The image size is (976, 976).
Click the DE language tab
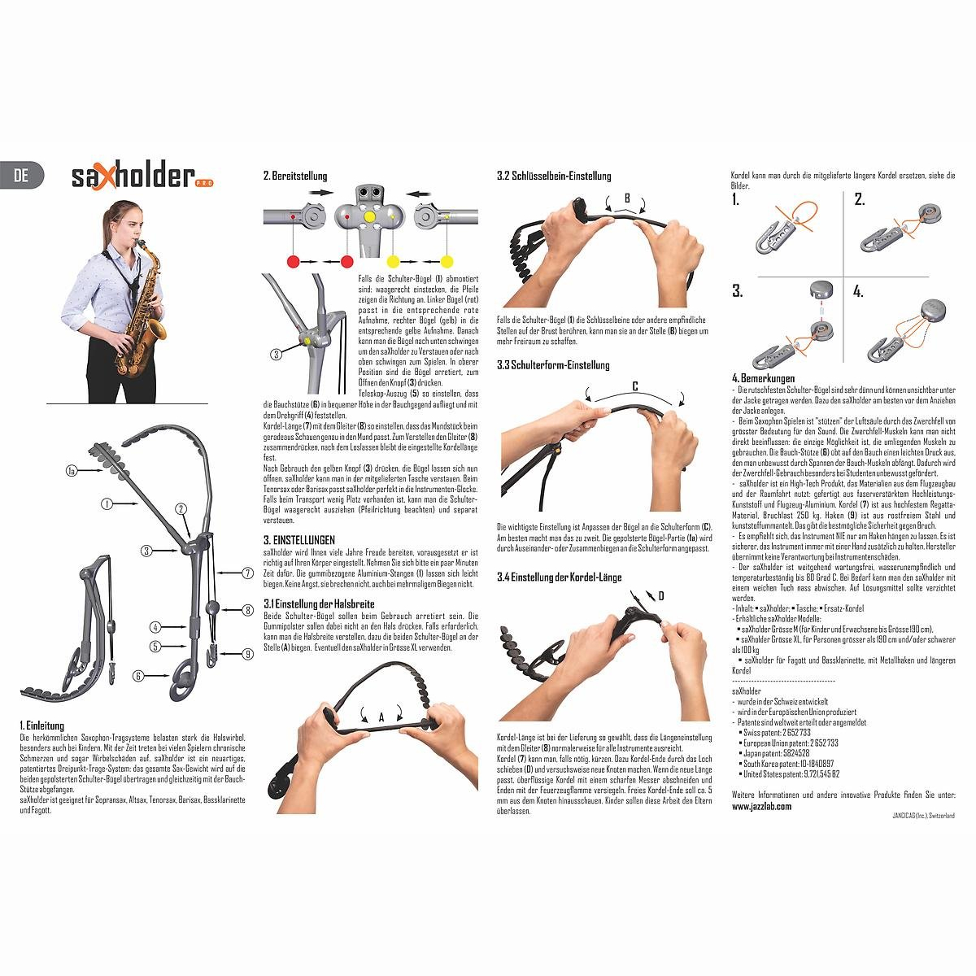point(22,175)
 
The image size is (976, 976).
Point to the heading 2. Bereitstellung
point(295,176)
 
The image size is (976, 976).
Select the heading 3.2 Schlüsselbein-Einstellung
point(554,176)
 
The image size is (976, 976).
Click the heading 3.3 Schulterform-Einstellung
point(552,366)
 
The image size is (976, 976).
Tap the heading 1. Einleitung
point(41,725)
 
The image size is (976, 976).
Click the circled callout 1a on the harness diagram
point(72,470)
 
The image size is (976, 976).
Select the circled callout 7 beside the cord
point(247,573)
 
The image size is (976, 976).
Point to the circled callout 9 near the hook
point(247,652)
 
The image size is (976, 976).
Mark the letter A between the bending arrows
point(381,716)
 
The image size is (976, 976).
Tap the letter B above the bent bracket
point(627,198)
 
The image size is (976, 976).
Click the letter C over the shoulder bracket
point(634,386)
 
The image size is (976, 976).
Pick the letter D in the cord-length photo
point(661,596)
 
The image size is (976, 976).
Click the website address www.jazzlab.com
point(761,806)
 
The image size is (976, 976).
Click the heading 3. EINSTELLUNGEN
point(298,540)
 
